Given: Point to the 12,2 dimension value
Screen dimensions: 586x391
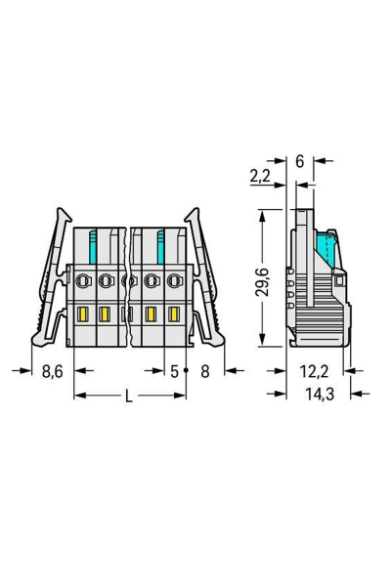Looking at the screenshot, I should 312,371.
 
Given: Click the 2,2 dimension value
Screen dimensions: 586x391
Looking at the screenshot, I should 260,177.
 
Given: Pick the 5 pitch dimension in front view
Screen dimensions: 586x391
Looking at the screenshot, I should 174,371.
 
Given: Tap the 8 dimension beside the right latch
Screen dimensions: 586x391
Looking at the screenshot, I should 204,371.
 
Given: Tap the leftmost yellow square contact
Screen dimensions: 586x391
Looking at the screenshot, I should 82,314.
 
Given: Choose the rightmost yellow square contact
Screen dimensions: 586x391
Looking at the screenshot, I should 174,314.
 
